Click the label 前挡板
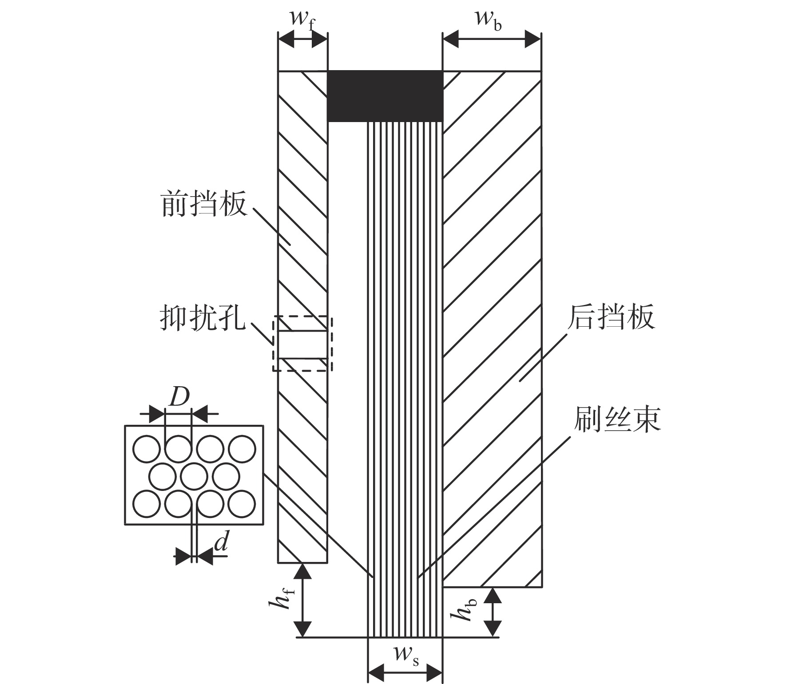pyautogui.click(x=204, y=204)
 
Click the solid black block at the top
pyautogui.click(x=385, y=96)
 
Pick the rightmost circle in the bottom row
pyautogui.click(x=242, y=504)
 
